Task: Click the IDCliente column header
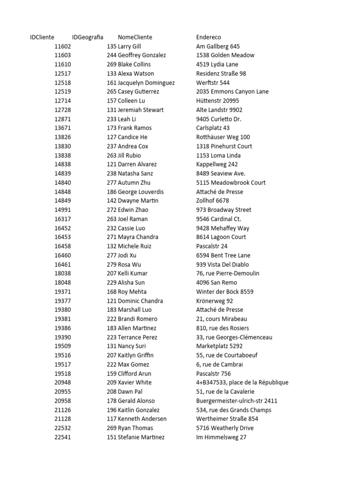[x=42, y=37]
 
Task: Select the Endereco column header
[x=209, y=37]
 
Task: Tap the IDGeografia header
[x=87, y=37]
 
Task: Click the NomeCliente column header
[x=135, y=37]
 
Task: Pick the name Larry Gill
[x=129, y=46]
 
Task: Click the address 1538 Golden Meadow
[x=225, y=55]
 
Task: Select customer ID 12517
[x=62, y=74]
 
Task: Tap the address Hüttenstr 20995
[x=217, y=101]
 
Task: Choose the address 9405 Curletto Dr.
[x=219, y=119]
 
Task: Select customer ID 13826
[x=62, y=137]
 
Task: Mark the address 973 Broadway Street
[x=224, y=210]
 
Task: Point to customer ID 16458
[x=62, y=246]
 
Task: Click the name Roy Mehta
[x=132, y=292]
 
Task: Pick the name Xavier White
[x=135, y=382]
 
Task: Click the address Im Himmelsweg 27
[x=221, y=437]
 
